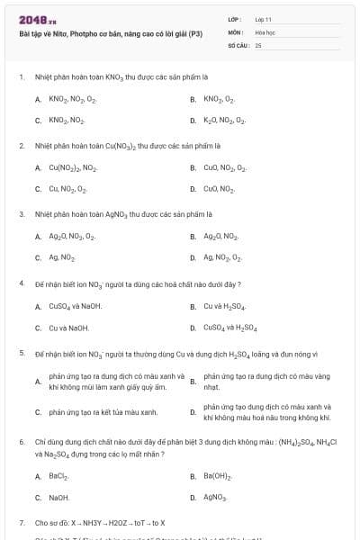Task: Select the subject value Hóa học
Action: [265, 31]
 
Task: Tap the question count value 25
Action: [258, 44]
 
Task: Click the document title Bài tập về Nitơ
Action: [111, 33]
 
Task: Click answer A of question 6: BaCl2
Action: [58, 475]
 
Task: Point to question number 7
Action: [21, 522]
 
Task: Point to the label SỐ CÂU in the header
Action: [237, 44]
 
